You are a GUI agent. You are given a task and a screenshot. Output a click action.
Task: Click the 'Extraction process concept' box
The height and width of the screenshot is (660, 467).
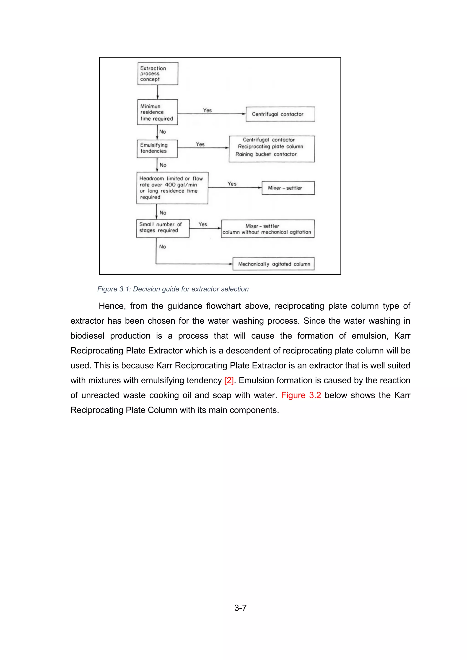[x=158, y=74]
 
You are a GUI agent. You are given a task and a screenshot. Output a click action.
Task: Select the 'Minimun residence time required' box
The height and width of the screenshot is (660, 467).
[x=157, y=112]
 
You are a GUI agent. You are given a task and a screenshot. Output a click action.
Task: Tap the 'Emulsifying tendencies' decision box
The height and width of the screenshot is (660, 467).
[x=157, y=148]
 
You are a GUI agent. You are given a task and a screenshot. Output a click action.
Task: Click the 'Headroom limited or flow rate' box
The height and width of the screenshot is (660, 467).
[x=172, y=188]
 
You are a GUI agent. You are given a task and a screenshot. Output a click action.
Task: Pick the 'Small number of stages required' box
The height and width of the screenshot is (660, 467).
[x=163, y=228]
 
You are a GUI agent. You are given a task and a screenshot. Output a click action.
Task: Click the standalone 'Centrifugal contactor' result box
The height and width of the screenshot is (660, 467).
[x=280, y=114]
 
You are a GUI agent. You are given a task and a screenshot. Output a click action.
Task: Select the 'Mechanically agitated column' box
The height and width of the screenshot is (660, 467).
[x=273, y=264]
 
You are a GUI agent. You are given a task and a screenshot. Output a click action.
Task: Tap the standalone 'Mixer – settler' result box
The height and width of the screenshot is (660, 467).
[x=288, y=188]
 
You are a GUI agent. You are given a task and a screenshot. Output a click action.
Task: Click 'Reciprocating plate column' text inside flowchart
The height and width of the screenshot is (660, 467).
[x=270, y=147]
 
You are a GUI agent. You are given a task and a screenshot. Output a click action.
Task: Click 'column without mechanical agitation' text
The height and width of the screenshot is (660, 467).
[x=267, y=232]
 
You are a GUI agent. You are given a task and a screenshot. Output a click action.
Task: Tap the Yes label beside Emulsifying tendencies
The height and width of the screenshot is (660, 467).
[x=200, y=144]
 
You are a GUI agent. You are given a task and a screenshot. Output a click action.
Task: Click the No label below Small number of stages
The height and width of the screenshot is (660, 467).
[x=163, y=247]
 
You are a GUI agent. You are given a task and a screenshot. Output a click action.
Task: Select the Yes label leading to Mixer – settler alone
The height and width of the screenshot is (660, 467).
[x=232, y=184]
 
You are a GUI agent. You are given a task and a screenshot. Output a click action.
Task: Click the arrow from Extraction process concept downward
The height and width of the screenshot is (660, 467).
[x=158, y=92]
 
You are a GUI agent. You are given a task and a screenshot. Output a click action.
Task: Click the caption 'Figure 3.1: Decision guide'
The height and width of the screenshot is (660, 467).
[x=173, y=289]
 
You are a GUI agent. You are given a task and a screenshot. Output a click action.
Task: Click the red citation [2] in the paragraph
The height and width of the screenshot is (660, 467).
[x=229, y=380]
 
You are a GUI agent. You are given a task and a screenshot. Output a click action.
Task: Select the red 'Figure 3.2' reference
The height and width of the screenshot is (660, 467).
[x=301, y=395]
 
